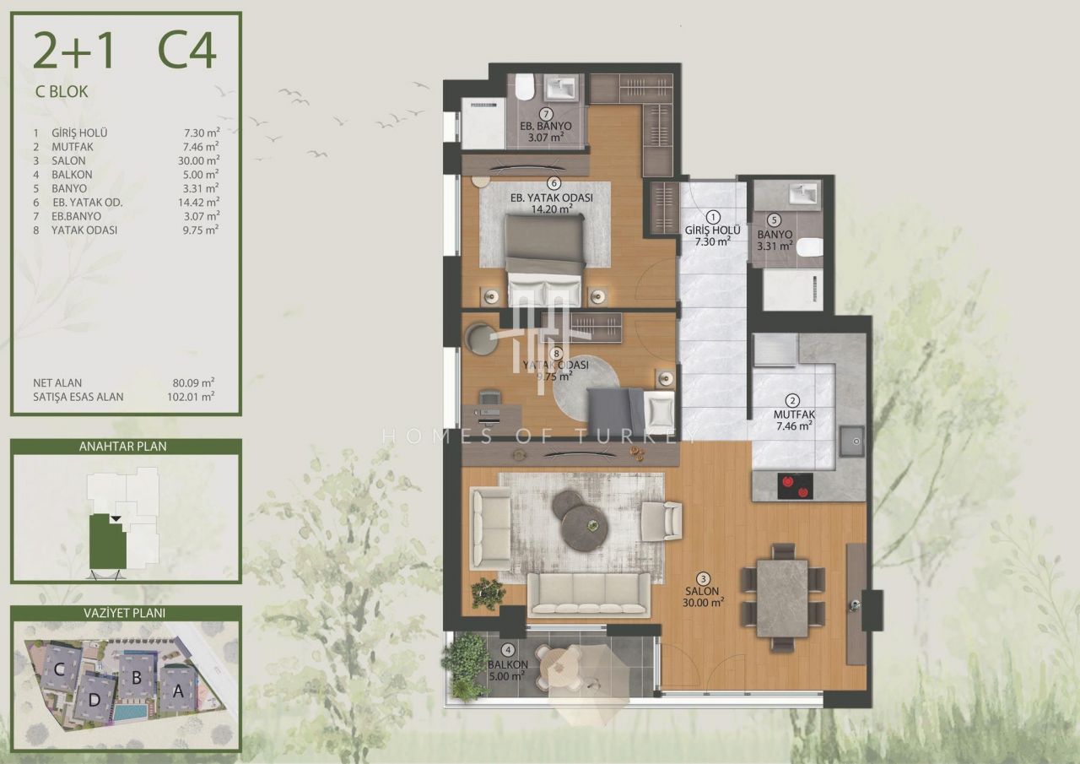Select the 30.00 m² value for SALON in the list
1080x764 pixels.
click(198, 160)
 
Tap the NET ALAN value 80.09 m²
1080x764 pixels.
click(193, 383)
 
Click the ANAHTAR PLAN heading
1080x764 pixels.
click(123, 447)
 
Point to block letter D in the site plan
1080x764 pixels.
click(94, 699)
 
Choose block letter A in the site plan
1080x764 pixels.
click(178, 691)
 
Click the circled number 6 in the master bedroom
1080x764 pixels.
click(554, 183)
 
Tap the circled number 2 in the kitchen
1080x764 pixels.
click(792, 400)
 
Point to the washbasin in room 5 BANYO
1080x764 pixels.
click(805, 196)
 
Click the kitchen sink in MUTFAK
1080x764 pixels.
click(852, 441)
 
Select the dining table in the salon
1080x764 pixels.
click(782, 598)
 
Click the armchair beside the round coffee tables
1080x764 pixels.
click(661, 522)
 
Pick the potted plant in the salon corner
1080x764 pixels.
click(488, 594)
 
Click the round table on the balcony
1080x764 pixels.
click(560, 667)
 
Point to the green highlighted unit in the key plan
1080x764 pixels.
click(108, 543)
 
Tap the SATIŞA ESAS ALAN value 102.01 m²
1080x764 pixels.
click(191, 397)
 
